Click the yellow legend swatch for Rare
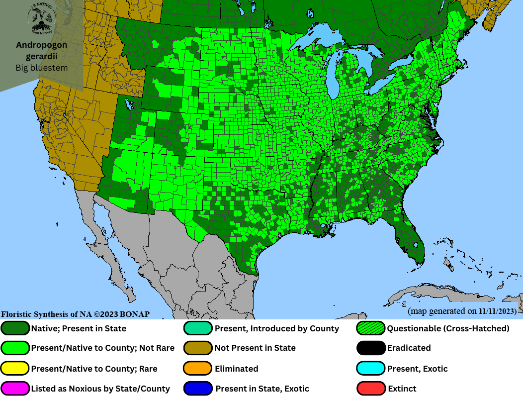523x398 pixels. pos(15,369)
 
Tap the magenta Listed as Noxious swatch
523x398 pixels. pos(15,389)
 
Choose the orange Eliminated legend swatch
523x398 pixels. pos(198,369)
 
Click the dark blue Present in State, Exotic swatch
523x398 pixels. pos(198,389)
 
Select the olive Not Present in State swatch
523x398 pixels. pos(198,348)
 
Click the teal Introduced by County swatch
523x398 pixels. pos(198,328)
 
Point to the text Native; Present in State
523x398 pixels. pos(79,328)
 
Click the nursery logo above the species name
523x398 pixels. pos(42,18)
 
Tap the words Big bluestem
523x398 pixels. pos(42,68)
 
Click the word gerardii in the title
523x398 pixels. pos(42,56)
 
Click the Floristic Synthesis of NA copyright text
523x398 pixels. pos(75,314)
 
